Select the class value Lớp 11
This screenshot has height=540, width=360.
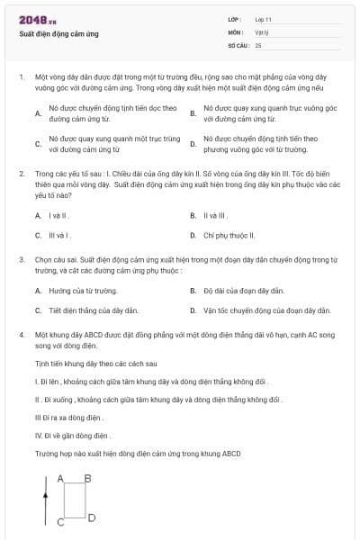263,18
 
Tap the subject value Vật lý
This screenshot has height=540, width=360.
261,31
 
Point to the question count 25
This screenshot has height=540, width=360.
258,44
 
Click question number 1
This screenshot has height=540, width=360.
21,78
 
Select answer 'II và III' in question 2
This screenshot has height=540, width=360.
216,216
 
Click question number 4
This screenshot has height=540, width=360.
21,334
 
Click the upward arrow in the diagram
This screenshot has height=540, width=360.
44,505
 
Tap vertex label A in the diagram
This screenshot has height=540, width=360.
60,478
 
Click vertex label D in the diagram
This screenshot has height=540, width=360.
92,517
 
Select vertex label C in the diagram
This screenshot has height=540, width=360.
60,523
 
